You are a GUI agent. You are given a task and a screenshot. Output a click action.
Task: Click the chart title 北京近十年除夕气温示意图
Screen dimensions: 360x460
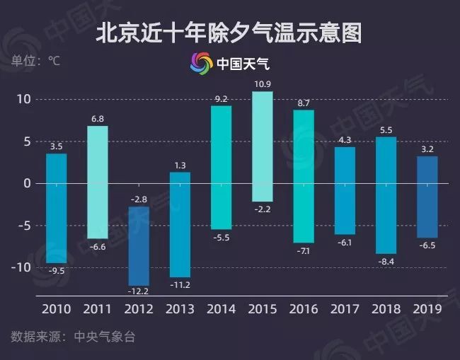point(229,31)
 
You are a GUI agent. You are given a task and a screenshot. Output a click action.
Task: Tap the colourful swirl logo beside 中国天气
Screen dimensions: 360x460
point(201,64)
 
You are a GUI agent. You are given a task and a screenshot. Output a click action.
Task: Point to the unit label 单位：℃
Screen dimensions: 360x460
point(35,61)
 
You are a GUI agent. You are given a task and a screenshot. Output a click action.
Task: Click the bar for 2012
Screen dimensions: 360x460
point(139,245)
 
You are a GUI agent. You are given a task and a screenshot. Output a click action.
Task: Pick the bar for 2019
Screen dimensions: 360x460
point(427,197)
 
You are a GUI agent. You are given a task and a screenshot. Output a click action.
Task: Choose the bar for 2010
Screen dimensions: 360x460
point(57,208)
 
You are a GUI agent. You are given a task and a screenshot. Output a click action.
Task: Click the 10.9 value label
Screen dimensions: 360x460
point(262,85)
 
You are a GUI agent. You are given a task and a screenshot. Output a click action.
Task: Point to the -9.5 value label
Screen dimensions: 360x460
point(57,270)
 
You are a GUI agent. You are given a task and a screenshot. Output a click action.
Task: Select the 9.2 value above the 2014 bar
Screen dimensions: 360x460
point(221,98)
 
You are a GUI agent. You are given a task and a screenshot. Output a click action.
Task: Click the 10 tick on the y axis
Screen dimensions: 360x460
point(25,99)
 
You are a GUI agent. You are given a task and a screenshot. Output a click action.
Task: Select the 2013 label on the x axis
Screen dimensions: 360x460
point(180,309)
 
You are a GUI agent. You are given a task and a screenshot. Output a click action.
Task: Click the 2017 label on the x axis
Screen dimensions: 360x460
point(345,309)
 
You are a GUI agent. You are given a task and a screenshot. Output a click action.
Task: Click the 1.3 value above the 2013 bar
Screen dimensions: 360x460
point(180,165)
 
